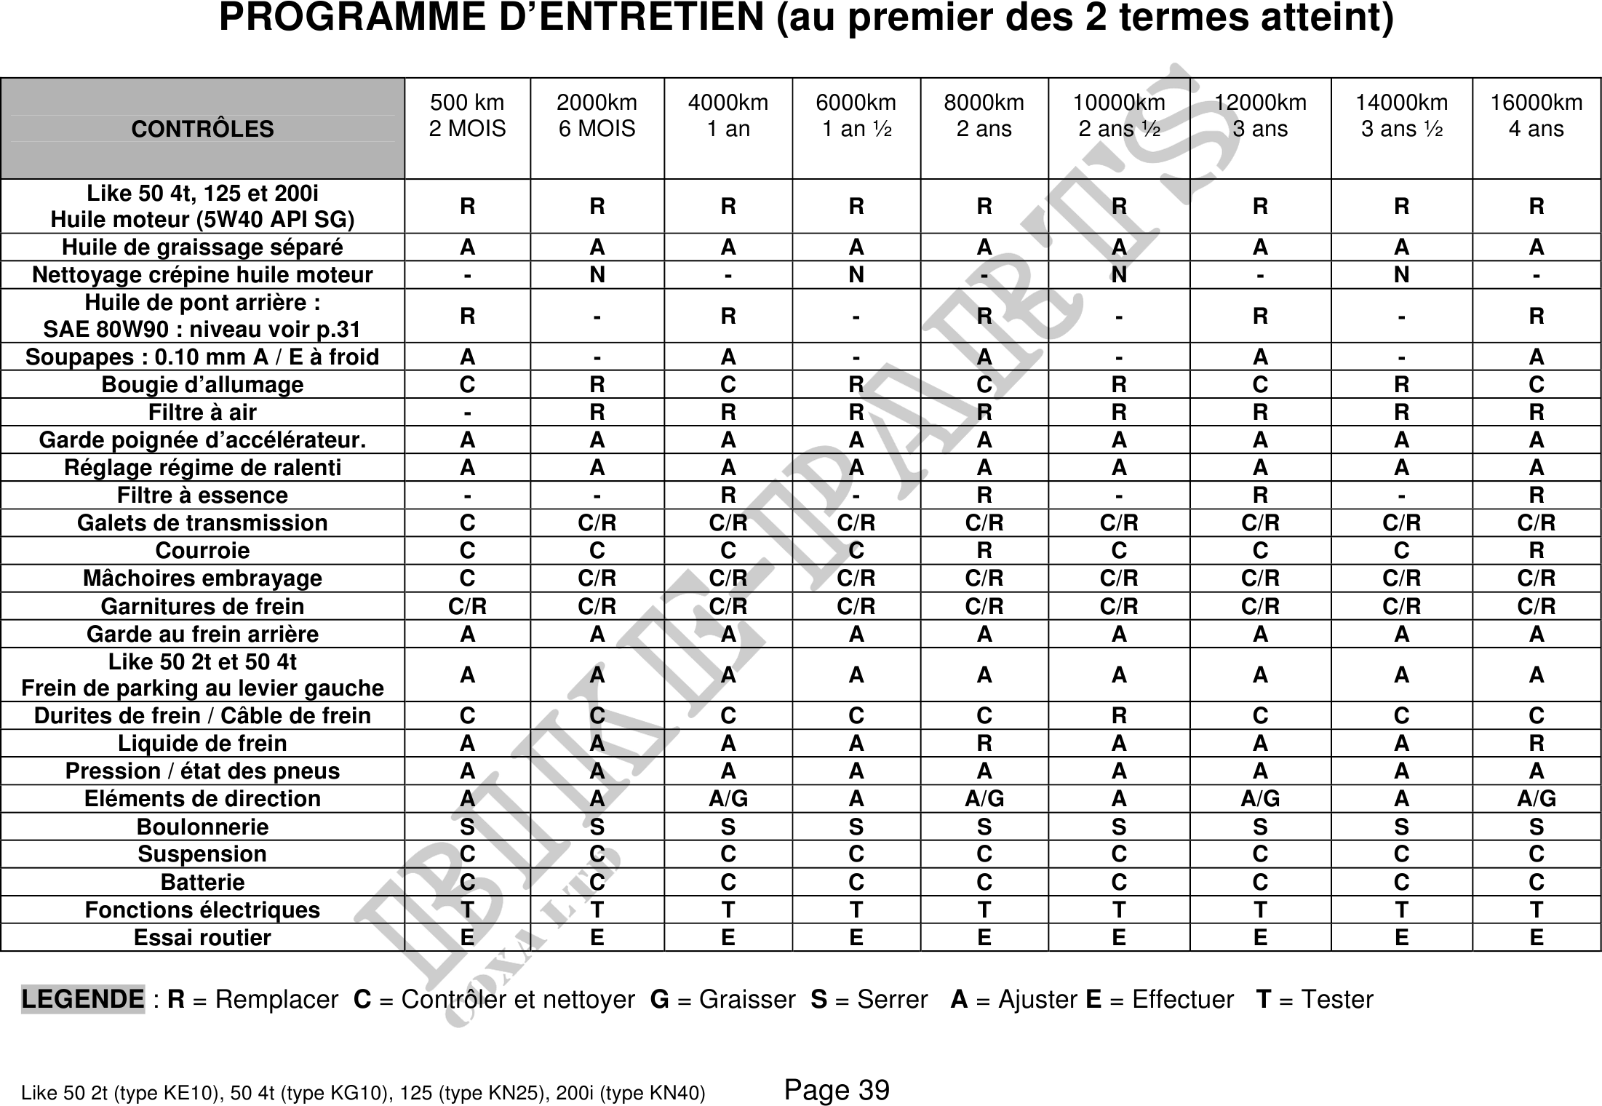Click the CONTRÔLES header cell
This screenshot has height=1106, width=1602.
coord(202,129)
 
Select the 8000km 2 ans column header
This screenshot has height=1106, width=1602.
coord(984,116)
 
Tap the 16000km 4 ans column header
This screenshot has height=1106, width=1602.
coord(1536,116)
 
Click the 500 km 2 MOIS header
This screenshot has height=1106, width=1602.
coord(467,116)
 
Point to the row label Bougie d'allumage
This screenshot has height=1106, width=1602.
coord(202,384)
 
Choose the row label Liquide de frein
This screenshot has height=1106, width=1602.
coord(202,743)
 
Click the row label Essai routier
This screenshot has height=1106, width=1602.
coord(202,937)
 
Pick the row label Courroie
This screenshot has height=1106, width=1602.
coord(202,550)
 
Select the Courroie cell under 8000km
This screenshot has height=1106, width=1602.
coord(984,550)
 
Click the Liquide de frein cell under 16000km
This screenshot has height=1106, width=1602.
coord(1536,743)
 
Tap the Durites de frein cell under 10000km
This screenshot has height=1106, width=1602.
coord(1119,715)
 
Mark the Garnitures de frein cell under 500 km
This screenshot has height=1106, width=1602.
coord(467,606)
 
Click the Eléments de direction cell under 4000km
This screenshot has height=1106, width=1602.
coord(728,798)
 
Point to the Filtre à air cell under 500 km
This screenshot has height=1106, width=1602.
coord(467,412)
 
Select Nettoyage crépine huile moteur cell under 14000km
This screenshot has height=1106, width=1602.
coord(1401,275)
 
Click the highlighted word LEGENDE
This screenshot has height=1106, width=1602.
coord(83,999)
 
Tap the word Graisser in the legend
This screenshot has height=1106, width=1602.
coord(747,1000)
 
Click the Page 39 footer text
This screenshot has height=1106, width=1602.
coord(837,1090)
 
